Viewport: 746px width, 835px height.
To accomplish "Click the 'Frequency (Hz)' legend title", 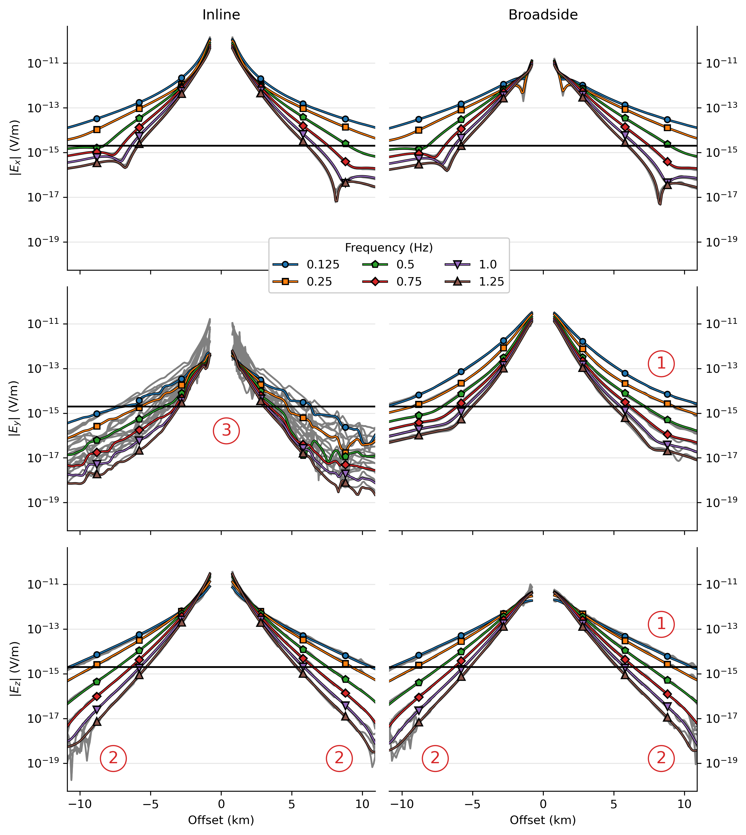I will tap(388, 248).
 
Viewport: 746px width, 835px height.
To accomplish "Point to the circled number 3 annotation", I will tap(226, 430).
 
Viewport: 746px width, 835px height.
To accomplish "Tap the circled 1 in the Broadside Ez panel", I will tap(661, 624).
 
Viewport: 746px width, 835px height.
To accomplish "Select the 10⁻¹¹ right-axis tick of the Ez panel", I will tap(722, 584).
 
